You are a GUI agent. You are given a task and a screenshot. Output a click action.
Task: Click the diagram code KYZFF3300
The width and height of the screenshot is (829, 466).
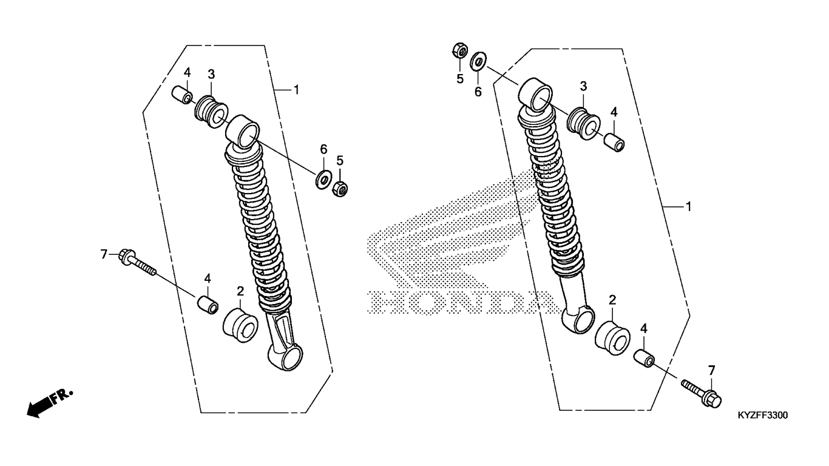763,415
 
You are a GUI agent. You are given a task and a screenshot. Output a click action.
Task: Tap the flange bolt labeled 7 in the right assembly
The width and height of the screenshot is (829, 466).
702,393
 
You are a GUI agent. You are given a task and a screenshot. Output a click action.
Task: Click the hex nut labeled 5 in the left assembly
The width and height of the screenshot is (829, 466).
340,189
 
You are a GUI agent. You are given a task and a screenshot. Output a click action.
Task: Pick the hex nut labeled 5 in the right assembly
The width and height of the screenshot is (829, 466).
460,50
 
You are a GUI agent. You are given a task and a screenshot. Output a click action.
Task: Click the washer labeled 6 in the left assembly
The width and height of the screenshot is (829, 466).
323,180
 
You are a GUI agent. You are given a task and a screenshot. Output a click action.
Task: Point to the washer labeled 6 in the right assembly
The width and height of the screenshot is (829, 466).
478,61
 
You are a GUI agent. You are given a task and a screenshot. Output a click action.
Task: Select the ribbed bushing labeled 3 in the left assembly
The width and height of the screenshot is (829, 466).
211,112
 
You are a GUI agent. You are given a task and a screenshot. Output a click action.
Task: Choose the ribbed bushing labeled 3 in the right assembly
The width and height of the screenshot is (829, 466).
584,124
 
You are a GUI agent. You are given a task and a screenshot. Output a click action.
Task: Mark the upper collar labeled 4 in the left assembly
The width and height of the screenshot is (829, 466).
181,95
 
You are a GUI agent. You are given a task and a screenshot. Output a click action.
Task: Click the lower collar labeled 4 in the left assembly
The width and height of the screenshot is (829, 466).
207,305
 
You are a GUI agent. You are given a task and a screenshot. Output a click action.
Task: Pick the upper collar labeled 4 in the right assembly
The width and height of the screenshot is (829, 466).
614,143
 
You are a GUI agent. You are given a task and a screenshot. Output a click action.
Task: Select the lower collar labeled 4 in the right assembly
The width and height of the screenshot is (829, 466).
645,359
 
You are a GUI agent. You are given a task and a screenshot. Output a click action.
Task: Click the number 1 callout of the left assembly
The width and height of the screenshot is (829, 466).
296,90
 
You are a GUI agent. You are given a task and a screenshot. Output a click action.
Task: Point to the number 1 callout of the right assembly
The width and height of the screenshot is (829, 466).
688,207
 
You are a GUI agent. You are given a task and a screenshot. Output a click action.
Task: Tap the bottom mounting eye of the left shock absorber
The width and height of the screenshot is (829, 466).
285,357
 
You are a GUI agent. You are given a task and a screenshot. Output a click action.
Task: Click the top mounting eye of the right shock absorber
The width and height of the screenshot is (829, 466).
535,95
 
